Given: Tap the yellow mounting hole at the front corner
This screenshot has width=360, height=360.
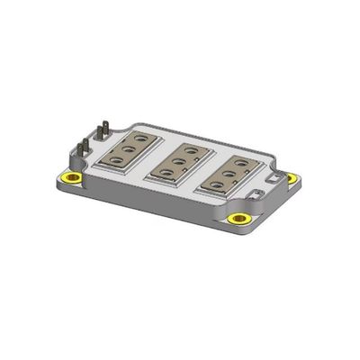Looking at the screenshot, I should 238,219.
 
